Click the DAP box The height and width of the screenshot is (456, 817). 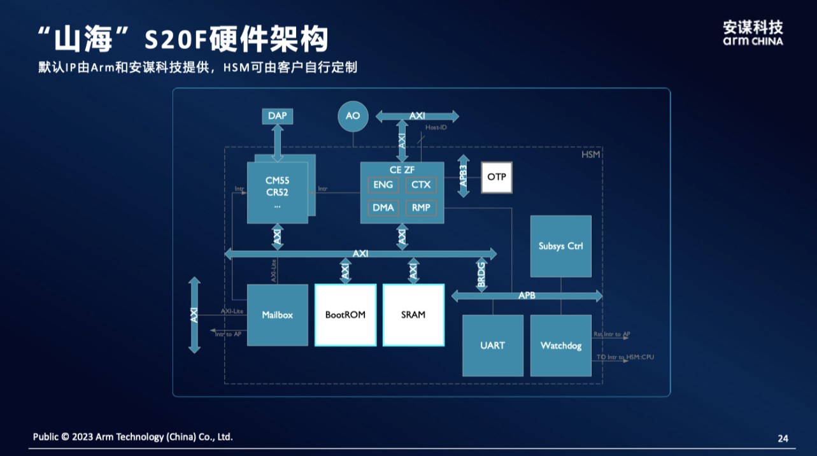click(277, 116)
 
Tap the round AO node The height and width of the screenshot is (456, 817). click(353, 116)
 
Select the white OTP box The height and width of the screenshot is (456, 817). click(496, 176)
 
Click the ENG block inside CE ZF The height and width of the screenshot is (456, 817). click(383, 185)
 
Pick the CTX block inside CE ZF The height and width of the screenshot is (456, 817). click(421, 185)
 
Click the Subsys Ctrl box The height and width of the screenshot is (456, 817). click(560, 246)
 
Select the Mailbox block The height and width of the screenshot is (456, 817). click(277, 315)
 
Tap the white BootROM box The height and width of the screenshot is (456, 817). click(345, 315)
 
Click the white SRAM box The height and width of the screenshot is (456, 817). click(413, 315)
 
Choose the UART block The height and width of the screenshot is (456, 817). click(492, 345)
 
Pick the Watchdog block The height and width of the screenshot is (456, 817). click(560, 345)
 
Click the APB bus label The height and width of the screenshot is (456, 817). click(527, 296)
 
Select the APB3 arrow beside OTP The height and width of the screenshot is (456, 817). click(463, 176)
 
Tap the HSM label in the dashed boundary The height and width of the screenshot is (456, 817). click(591, 155)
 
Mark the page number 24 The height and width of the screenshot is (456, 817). click(783, 438)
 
